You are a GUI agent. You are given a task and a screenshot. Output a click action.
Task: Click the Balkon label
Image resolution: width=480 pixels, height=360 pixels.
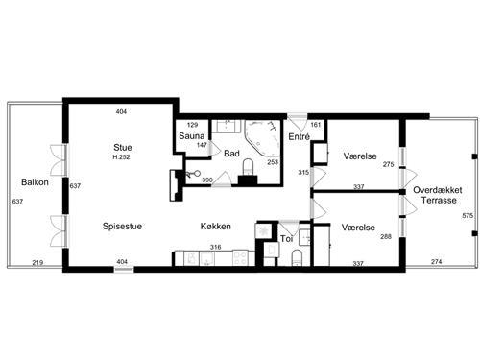[x=36, y=182]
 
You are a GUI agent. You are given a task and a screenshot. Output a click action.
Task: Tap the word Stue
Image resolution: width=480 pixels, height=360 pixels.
[x=121, y=147]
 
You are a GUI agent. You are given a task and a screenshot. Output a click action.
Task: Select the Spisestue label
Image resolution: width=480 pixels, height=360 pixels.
[x=123, y=227]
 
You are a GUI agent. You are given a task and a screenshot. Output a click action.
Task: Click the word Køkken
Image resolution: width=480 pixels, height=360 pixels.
[x=215, y=227]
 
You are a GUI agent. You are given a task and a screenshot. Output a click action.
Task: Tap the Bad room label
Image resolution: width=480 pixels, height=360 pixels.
[x=231, y=153]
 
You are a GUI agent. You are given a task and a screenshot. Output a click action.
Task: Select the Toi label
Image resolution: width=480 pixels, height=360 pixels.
[x=286, y=236]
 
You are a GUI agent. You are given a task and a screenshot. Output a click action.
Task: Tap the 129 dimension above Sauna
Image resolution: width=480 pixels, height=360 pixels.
[x=191, y=125]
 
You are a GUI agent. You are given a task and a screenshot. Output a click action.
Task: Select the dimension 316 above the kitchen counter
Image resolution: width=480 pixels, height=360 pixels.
[x=216, y=247]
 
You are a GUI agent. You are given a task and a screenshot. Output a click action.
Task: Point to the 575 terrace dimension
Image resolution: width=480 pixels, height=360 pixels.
[x=468, y=217]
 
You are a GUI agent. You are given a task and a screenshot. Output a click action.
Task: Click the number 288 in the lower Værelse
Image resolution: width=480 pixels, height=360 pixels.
[x=385, y=236]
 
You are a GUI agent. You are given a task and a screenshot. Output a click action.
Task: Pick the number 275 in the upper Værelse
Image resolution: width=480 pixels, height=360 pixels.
[x=388, y=165]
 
